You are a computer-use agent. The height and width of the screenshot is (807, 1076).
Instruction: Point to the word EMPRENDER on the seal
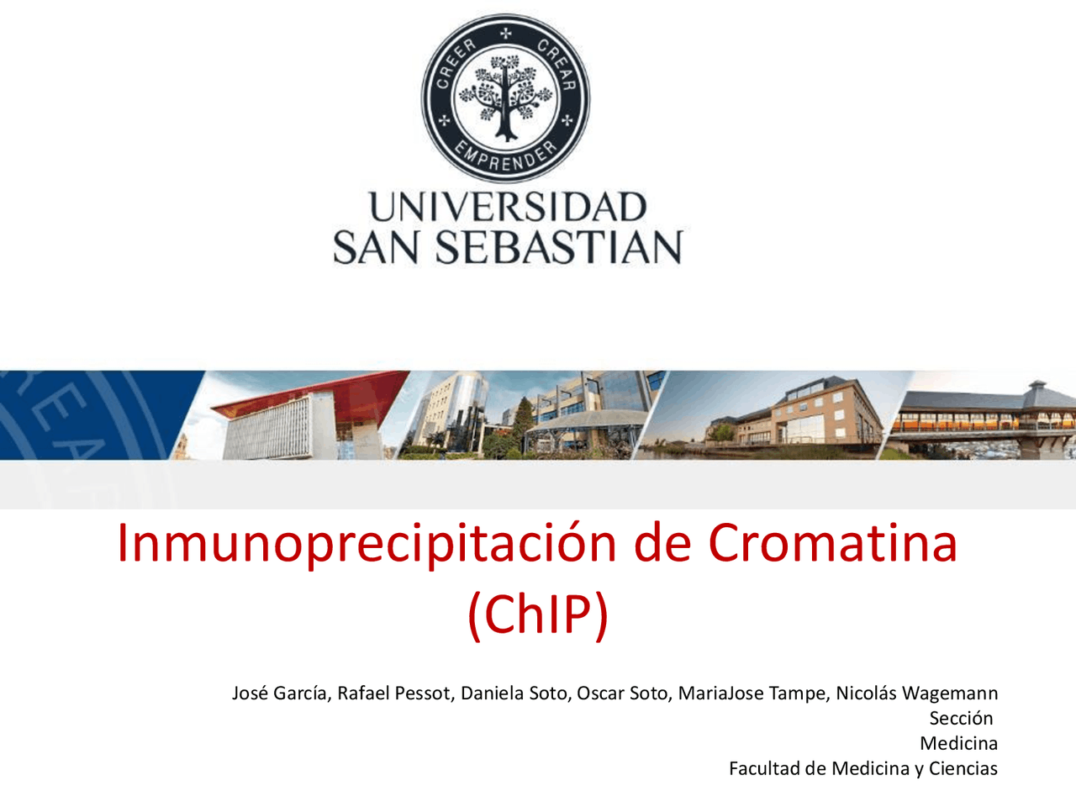click(x=506, y=157)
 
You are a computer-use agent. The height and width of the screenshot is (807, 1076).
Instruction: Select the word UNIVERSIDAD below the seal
click(x=507, y=208)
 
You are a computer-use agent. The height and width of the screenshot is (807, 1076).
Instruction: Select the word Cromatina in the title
click(x=832, y=542)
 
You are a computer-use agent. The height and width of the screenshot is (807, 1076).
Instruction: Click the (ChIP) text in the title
click(x=538, y=614)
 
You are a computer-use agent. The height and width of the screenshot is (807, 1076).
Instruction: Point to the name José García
click(x=280, y=694)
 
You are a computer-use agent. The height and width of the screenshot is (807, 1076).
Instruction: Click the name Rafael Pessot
click(x=393, y=694)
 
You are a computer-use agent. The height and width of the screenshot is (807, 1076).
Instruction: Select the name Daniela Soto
click(x=513, y=694)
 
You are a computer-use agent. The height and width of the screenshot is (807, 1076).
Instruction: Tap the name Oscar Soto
click(x=622, y=694)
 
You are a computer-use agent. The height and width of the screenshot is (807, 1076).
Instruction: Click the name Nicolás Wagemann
click(x=916, y=694)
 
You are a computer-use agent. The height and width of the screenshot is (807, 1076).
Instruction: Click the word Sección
click(x=961, y=719)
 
